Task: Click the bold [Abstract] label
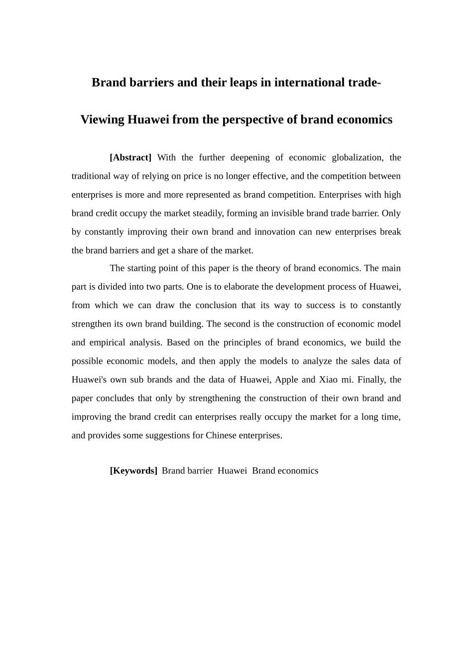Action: click(x=130, y=158)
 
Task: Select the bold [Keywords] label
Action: click(x=133, y=471)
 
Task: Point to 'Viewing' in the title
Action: click(x=102, y=120)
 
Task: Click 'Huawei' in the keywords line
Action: click(x=232, y=471)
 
